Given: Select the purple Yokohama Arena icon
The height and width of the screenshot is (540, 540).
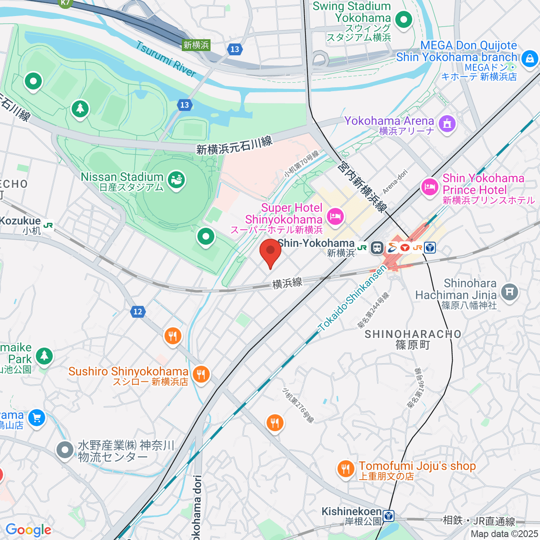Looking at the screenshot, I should tap(447, 123).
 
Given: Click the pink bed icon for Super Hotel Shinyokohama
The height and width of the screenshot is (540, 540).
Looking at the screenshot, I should tap(335, 217).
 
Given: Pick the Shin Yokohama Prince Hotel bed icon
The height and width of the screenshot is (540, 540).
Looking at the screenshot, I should tap(430, 187).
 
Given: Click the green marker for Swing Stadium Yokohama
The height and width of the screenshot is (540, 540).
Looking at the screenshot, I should tap(404, 19).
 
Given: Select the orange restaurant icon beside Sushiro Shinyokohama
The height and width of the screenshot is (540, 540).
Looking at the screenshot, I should tap(201, 374).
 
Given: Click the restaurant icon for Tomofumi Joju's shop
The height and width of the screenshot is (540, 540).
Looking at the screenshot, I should tap(345, 469).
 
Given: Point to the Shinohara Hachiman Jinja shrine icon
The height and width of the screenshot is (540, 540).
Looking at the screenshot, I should tap(509, 292).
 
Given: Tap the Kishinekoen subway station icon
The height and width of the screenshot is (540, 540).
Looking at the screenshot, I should tap(389, 515).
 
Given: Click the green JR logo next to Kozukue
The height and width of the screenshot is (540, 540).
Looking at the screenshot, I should tap(48, 225).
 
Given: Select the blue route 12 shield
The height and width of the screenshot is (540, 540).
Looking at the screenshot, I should tap(138, 311).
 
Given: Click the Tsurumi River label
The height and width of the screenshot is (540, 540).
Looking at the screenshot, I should tap(166, 59).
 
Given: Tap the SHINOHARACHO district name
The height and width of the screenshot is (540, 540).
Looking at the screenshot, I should tap(413, 334).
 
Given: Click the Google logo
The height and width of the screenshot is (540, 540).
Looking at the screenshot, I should tap(28, 530).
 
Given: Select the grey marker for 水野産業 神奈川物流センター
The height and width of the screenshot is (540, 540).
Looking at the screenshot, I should tap(65, 450).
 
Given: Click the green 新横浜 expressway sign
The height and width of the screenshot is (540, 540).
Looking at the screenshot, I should tap(196, 45).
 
